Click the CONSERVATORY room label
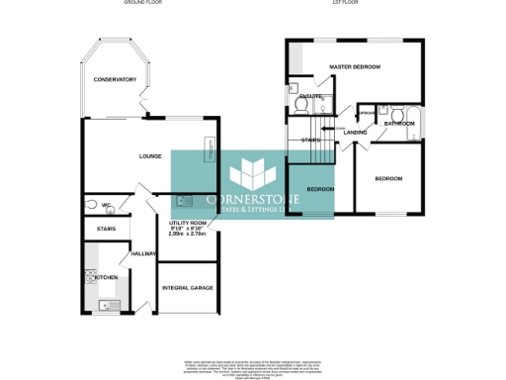point(115,78)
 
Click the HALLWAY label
point(130,253)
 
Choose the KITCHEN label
point(105,277)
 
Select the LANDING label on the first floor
point(356,132)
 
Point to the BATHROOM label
point(399,123)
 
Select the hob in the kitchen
point(89,277)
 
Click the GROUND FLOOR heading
point(142,4)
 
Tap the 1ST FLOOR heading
point(343,4)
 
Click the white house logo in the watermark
point(252,175)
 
